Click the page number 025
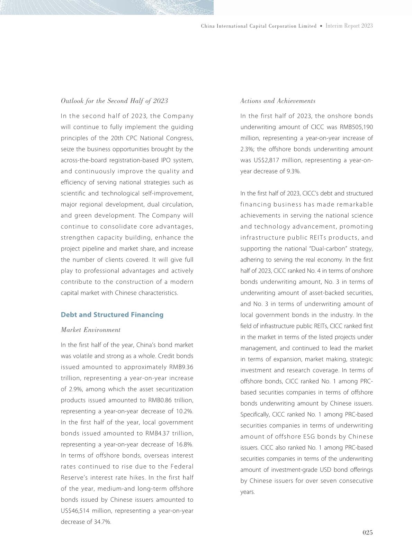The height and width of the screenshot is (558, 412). coord(367,532)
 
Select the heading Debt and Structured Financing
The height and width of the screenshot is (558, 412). coord(112,315)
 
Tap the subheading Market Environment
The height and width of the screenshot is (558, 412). coord(90,330)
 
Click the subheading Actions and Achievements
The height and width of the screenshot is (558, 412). coord(278,101)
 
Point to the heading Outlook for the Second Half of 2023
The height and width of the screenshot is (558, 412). coord(114,101)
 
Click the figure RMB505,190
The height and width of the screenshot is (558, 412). coord(356,127)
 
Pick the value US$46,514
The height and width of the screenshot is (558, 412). coord(77,511)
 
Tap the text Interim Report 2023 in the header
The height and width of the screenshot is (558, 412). coord(349,26)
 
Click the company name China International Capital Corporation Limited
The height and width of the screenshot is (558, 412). coord(259,26)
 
